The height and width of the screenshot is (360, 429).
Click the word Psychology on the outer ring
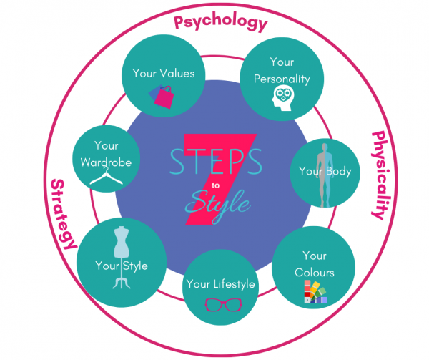220,22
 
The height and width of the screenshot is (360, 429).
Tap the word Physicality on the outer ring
381,175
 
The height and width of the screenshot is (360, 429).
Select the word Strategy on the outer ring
63,214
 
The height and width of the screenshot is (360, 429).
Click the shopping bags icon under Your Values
162,97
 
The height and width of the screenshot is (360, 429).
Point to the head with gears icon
283,98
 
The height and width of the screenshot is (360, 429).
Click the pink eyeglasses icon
224,305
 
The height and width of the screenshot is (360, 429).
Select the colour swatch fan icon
315,291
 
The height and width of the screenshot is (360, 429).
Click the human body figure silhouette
325,175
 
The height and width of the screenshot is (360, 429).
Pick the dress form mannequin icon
122,258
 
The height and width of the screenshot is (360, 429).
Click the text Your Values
164,74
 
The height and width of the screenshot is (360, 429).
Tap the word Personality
282,79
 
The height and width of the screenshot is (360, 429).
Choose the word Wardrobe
106,162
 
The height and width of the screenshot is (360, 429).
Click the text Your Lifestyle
220,284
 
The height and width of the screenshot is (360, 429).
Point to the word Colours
315,273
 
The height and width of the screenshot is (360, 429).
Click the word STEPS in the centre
216,162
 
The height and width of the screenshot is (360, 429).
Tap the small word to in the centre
215,185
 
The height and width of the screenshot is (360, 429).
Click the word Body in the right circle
339,172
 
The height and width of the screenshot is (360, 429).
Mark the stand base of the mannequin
122,282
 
